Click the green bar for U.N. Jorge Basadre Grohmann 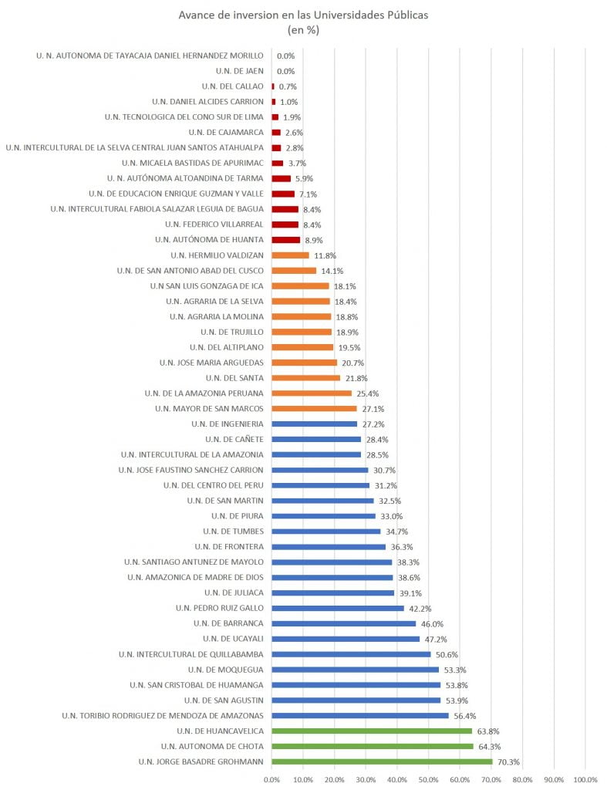pos(382,761)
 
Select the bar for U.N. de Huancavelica pos(372,731)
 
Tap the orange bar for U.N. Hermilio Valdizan pos(290,255)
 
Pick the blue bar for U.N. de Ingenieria pos(315,424)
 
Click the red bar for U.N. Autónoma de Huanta pos(285,241)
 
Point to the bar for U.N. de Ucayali pos(346,640)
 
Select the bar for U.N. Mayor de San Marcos pos(315,409)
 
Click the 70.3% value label pos(508,762)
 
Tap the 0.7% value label pos(288,86)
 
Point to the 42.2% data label pos(420,609)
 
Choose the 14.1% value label pos(332,271)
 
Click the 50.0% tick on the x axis pos(428,779)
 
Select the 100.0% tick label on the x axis pos(585,779)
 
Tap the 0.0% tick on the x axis pos(271,779)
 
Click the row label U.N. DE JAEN pos(239,71)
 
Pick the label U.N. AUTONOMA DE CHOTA pos(212,746)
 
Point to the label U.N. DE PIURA pos(238,516)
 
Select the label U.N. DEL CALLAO pos(232,86)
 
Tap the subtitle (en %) pos(303,30)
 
